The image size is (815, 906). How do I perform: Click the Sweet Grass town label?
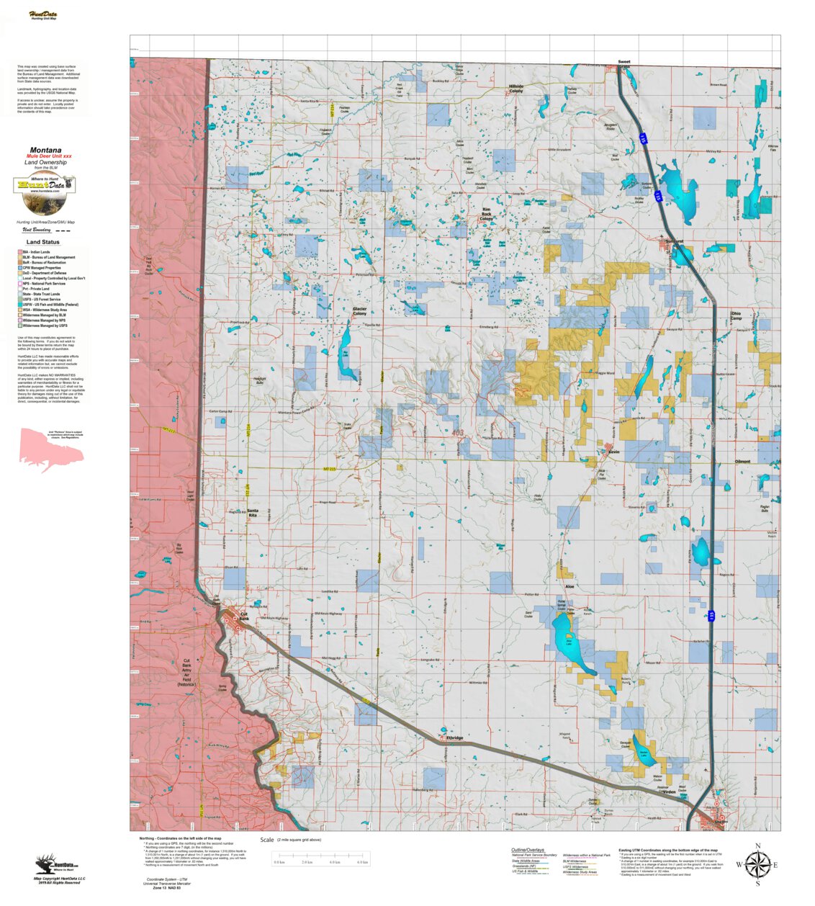pos(623,64)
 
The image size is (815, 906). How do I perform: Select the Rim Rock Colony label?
pos(487,214)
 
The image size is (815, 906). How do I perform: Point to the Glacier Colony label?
pos(359,311)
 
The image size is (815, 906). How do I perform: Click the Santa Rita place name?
pos(252,513)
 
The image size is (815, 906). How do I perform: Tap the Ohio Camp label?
pos(736,315)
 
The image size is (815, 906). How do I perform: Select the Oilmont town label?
pos(742,462)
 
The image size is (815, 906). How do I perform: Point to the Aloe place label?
pos(569,587)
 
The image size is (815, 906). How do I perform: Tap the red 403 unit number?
pos(458,433)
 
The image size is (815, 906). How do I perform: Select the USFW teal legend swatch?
pos(19,305)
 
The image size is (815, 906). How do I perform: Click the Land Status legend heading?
pos(43,242)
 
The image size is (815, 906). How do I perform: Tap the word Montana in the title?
pos(45,151)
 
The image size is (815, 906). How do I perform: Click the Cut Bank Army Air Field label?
pos(186,670)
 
